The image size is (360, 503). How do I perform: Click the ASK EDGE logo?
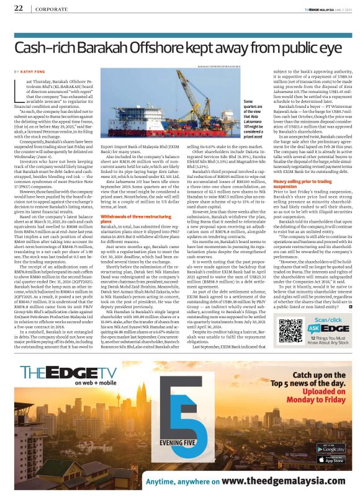pos(327,323)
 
